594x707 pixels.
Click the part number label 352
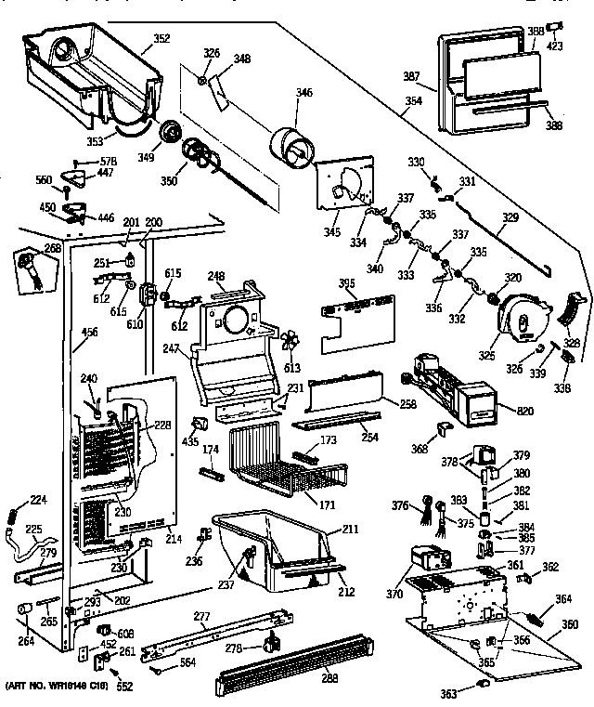pyautogui.click(x=161, y=39)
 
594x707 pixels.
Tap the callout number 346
pyautogui.click(x=303, y=92)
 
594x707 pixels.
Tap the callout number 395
pyautogui.click(x=346, y=282)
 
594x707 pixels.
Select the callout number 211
pyautogui.click(x=350, y=530)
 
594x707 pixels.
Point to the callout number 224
pyautogui.click(x=38, y=500)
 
